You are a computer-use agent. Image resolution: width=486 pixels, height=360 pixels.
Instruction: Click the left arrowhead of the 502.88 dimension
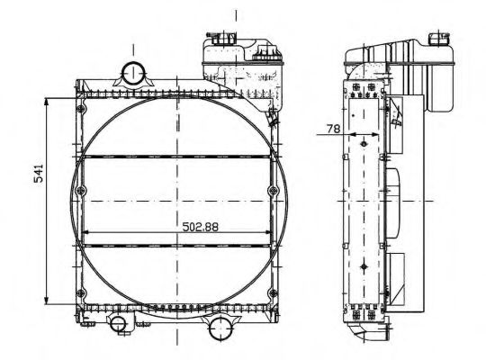click(x=86, y=238)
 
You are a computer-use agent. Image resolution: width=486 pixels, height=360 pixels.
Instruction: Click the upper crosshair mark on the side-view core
click(x=361, y=140)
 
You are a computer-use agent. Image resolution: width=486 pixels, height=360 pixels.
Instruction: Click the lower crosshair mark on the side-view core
click(x=361, y=267)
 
